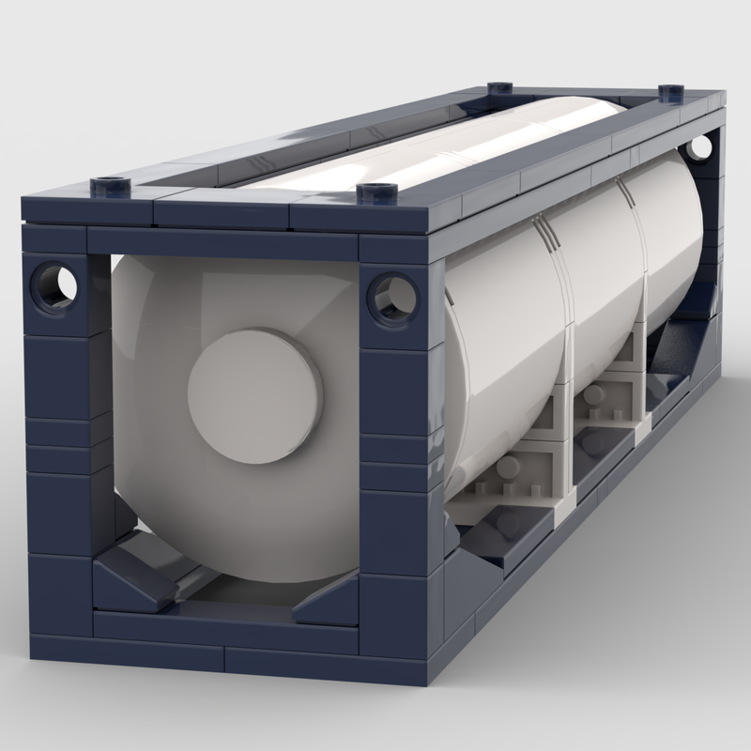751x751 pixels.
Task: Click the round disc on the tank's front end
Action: pyautogui.click(x=254, y=394)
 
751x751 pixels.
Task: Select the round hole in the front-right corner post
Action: pyautogui.click(x=391, y=297)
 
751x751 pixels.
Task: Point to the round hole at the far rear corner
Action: pyautogui.click(x=698, y=148)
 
